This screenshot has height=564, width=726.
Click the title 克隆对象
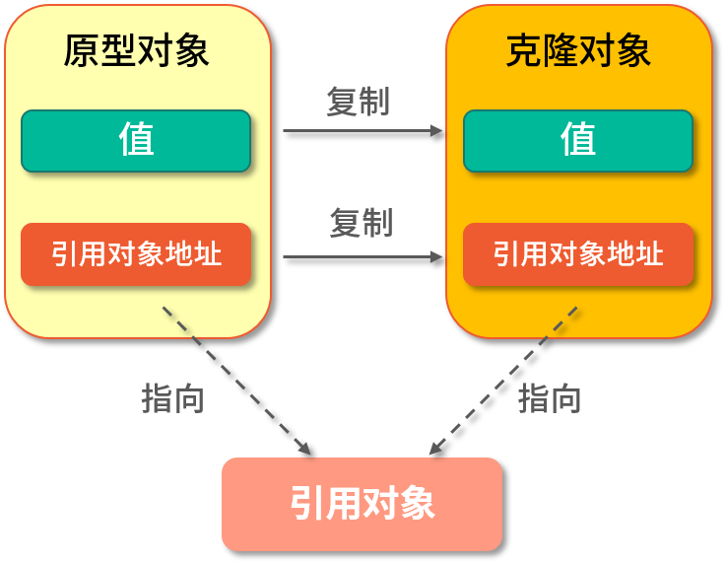coord(578,50)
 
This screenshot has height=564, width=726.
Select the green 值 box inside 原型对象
coord(136,140)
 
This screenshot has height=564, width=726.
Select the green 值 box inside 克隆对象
coord(578,140)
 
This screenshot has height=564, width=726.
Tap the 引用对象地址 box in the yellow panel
coord(136,254)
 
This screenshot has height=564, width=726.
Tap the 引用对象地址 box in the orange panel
coord(578,254)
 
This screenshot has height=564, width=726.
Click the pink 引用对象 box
coord(362,504)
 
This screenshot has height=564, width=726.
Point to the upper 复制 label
coord(359,102)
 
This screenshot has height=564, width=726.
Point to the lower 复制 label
coord(361,223)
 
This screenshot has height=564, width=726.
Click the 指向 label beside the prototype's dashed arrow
coord(173,398)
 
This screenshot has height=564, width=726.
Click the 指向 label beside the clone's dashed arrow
coord(550,398)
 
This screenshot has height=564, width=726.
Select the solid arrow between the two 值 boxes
coord(361,129)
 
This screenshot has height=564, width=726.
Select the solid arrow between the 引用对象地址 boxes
coord(361,257)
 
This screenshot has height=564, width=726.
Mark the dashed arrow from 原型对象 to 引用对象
coord(236,381)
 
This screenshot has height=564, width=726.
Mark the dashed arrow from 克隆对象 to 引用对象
coord(503,381)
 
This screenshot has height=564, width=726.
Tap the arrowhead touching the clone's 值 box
coord(437,129)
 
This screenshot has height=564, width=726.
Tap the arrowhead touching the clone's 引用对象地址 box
coord(437,257)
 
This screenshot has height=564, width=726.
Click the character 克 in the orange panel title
coord(523,50)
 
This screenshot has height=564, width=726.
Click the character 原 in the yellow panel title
coord(81,50)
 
